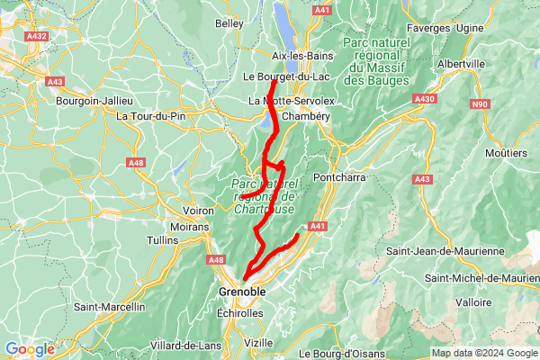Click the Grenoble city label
pyautogui.click(x=242, y=292)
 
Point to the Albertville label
pyautogui.click(x=461, y=65)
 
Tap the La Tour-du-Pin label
pyautogui.click(x=149, y=116)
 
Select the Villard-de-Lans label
pyautogui.click(x=186, y=345)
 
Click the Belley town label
pyautogui.click(x=229, y=22)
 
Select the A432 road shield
pyautogui.click(x=37, y=36)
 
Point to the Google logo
pyautogui.click(x=29, y=349)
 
